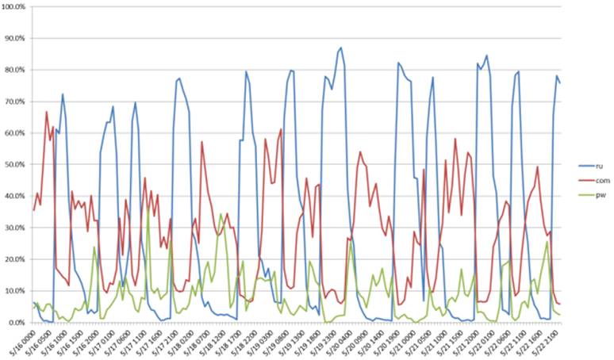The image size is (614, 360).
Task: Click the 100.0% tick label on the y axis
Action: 14,6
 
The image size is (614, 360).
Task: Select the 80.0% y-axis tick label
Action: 14,70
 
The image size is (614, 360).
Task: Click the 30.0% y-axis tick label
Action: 14,228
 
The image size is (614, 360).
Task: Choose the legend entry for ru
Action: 589,167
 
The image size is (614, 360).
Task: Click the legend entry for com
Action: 590,179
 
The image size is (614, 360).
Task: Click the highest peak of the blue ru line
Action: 341,48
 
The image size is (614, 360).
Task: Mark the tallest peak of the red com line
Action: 47,112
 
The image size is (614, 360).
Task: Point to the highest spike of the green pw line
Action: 148,209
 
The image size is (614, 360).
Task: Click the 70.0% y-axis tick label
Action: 14,101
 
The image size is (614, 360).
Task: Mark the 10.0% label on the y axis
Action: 14,291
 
